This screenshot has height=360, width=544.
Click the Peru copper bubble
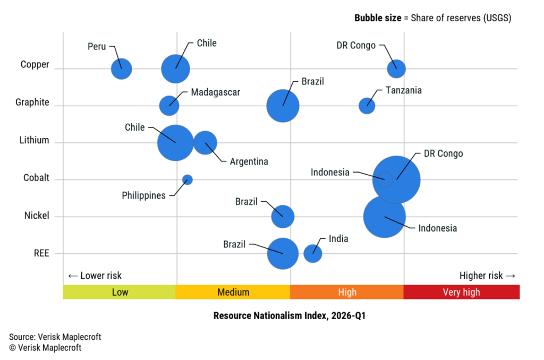121,68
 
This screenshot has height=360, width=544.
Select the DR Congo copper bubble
396,68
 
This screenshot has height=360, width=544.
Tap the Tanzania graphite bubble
367,106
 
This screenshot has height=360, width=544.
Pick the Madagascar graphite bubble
169,105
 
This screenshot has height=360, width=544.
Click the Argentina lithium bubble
205,142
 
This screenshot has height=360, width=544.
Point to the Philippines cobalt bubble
187,179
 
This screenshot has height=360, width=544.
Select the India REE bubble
313,253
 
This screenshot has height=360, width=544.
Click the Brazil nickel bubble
283,216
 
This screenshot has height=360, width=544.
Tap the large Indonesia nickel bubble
385,217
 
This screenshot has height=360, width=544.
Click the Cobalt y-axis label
36,178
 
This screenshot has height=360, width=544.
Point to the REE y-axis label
41,253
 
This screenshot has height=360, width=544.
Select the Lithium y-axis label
34,140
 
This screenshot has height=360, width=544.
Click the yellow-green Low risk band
120,292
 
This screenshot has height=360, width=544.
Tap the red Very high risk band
461,292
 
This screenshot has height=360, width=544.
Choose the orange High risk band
347,292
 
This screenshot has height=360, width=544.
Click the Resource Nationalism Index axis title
290,315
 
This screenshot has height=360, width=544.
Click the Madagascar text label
215,92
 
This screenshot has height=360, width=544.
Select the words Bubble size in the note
378,18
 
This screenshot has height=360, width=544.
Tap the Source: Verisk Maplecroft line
55,337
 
